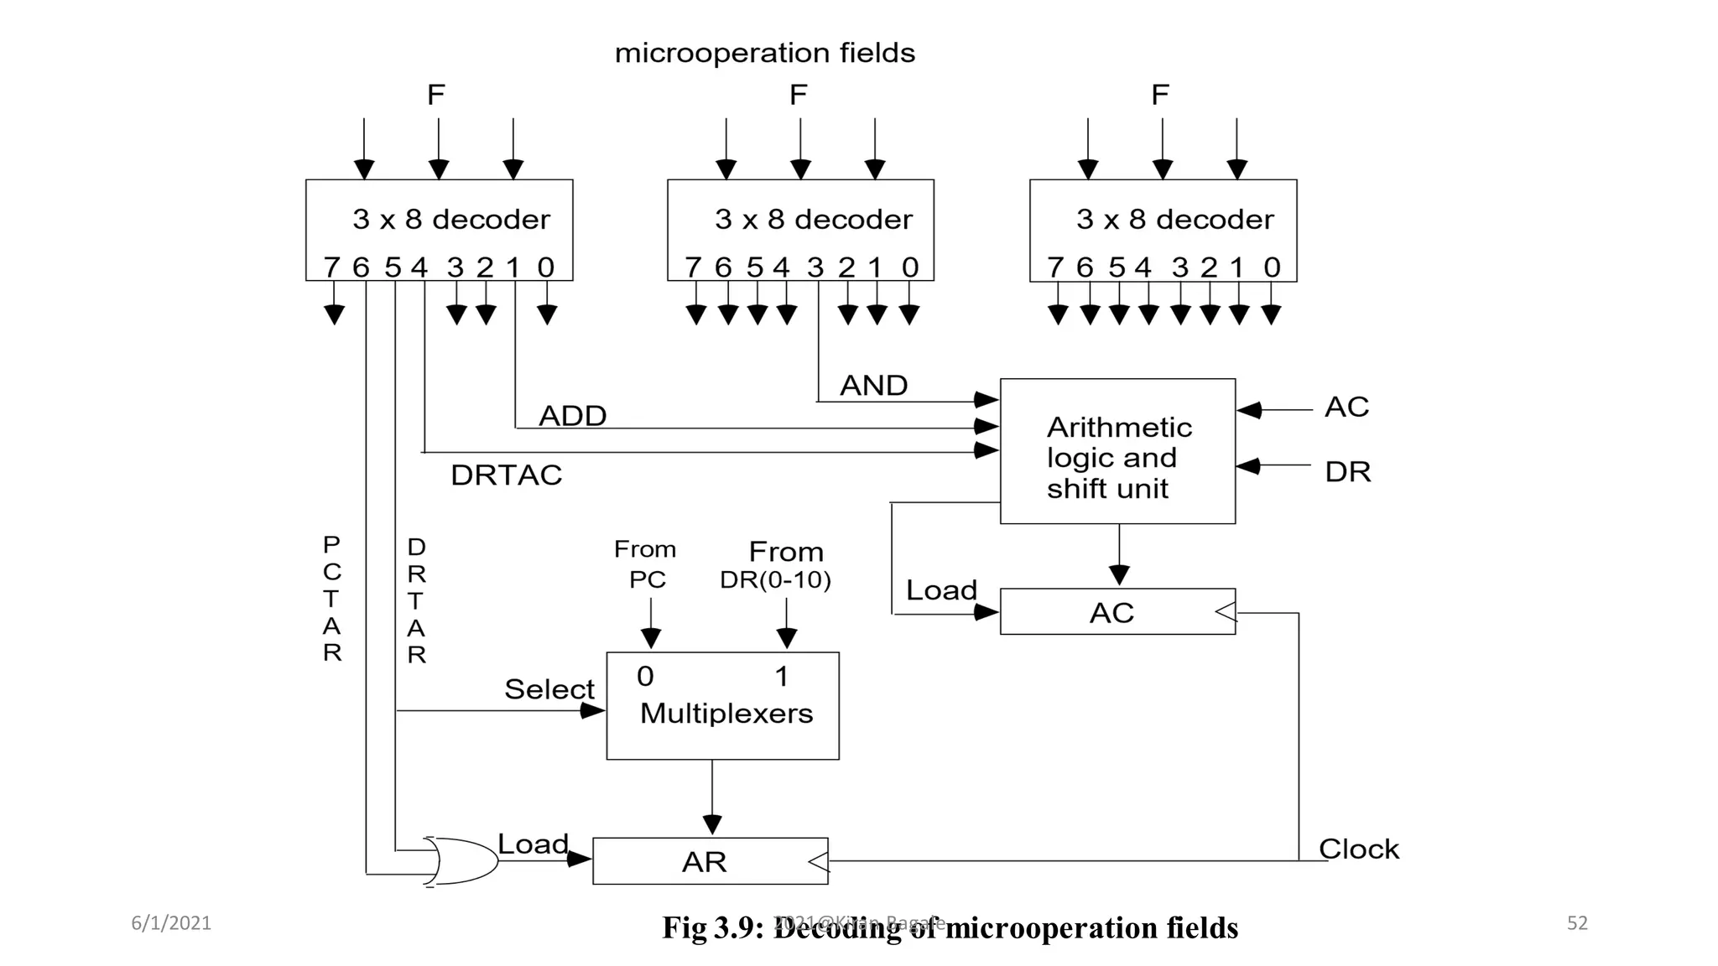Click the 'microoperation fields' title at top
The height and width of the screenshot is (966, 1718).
click(x=764, y=53)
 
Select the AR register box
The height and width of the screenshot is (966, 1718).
click(x=710, y=861)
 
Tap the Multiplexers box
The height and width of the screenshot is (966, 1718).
click(x=722, y=706)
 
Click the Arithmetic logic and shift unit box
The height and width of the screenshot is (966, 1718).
click(x=1117, y=452)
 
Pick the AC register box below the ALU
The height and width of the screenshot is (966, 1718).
click(x=1117, y=612)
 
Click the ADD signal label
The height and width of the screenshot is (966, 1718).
click(x=572, y=416)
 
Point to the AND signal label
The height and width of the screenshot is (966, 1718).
click(x=873, y=386)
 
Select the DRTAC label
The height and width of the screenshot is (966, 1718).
click(x=506, y=475)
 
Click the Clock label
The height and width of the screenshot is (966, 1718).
click(x=1359, y=849)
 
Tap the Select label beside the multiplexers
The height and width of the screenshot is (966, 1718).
click(x=549, y=689)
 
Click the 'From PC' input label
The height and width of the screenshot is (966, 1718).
click(x=645, y=564)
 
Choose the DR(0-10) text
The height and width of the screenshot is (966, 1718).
click(x=775, y=580)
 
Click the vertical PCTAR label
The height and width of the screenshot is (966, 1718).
click(x=332, y=599)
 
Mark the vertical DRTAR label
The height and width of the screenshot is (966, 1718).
click(x=417, y=600)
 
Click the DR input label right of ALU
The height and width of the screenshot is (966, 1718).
click(x=1347, y=472)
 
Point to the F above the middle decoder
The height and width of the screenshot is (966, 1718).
click(x=798, y=95)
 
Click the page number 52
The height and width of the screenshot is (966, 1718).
click(x=1577, y=923)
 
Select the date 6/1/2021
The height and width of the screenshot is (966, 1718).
click(x=171, y=923)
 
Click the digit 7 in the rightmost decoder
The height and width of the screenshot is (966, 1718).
click(x=1055, y=267)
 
